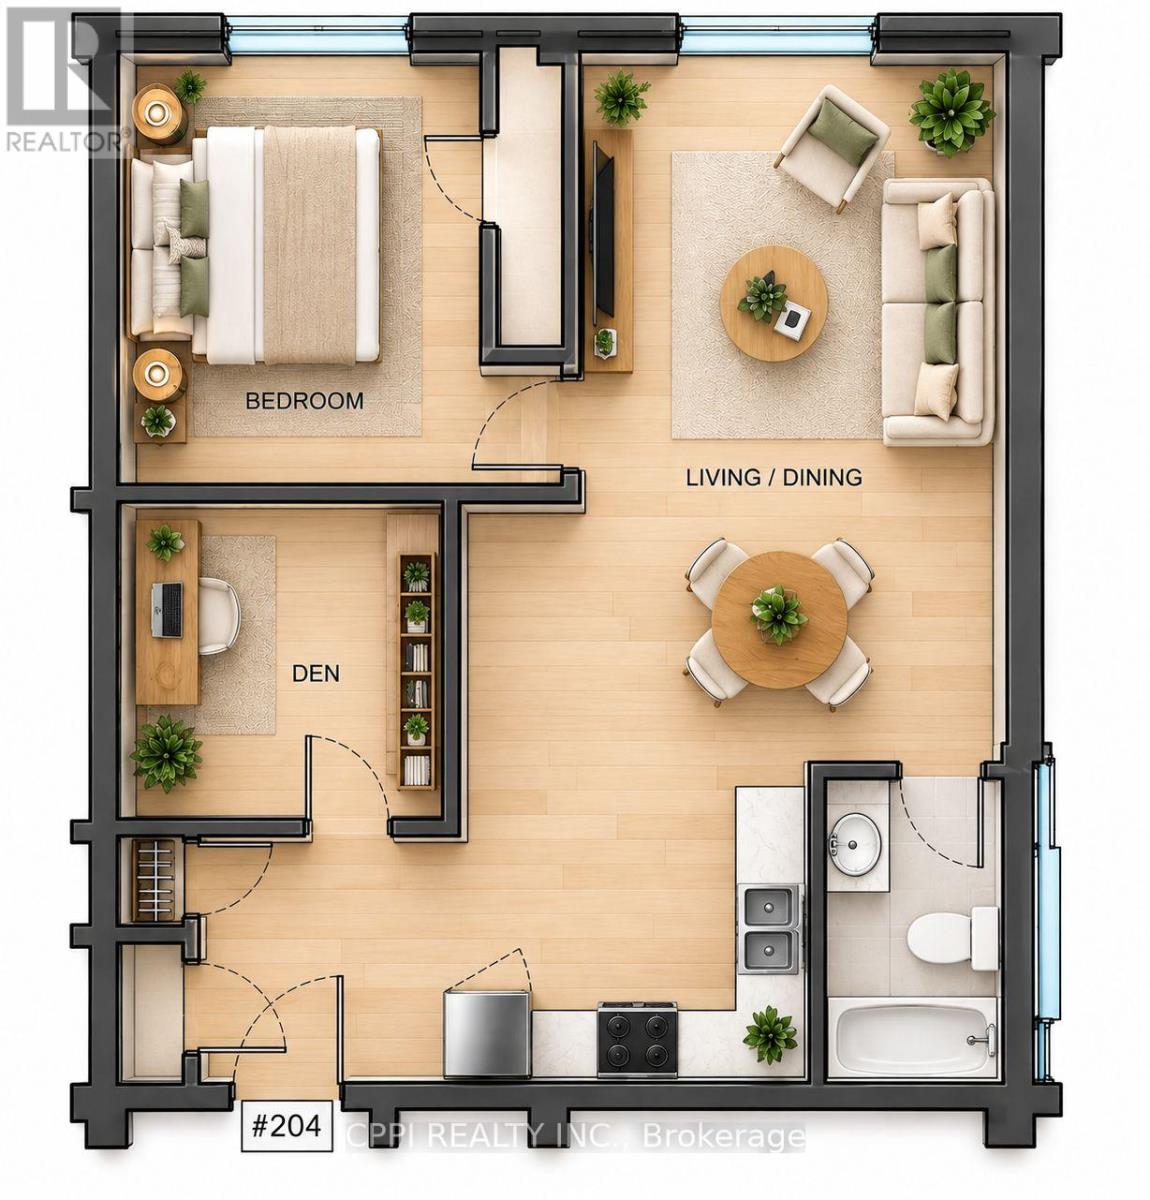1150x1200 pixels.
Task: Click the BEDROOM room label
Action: (304, 401)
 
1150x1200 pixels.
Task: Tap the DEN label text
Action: (316, 673)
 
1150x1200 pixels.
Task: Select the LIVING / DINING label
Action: (774, 477)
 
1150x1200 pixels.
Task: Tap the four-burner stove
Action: (637, 1040)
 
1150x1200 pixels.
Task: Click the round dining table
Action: (779, 618)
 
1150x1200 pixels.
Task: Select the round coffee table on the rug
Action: (774, 303)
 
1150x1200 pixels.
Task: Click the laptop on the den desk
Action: (167, 610)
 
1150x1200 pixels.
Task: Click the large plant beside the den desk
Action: (166, 753)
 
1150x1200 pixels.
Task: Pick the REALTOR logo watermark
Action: (65, 80)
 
